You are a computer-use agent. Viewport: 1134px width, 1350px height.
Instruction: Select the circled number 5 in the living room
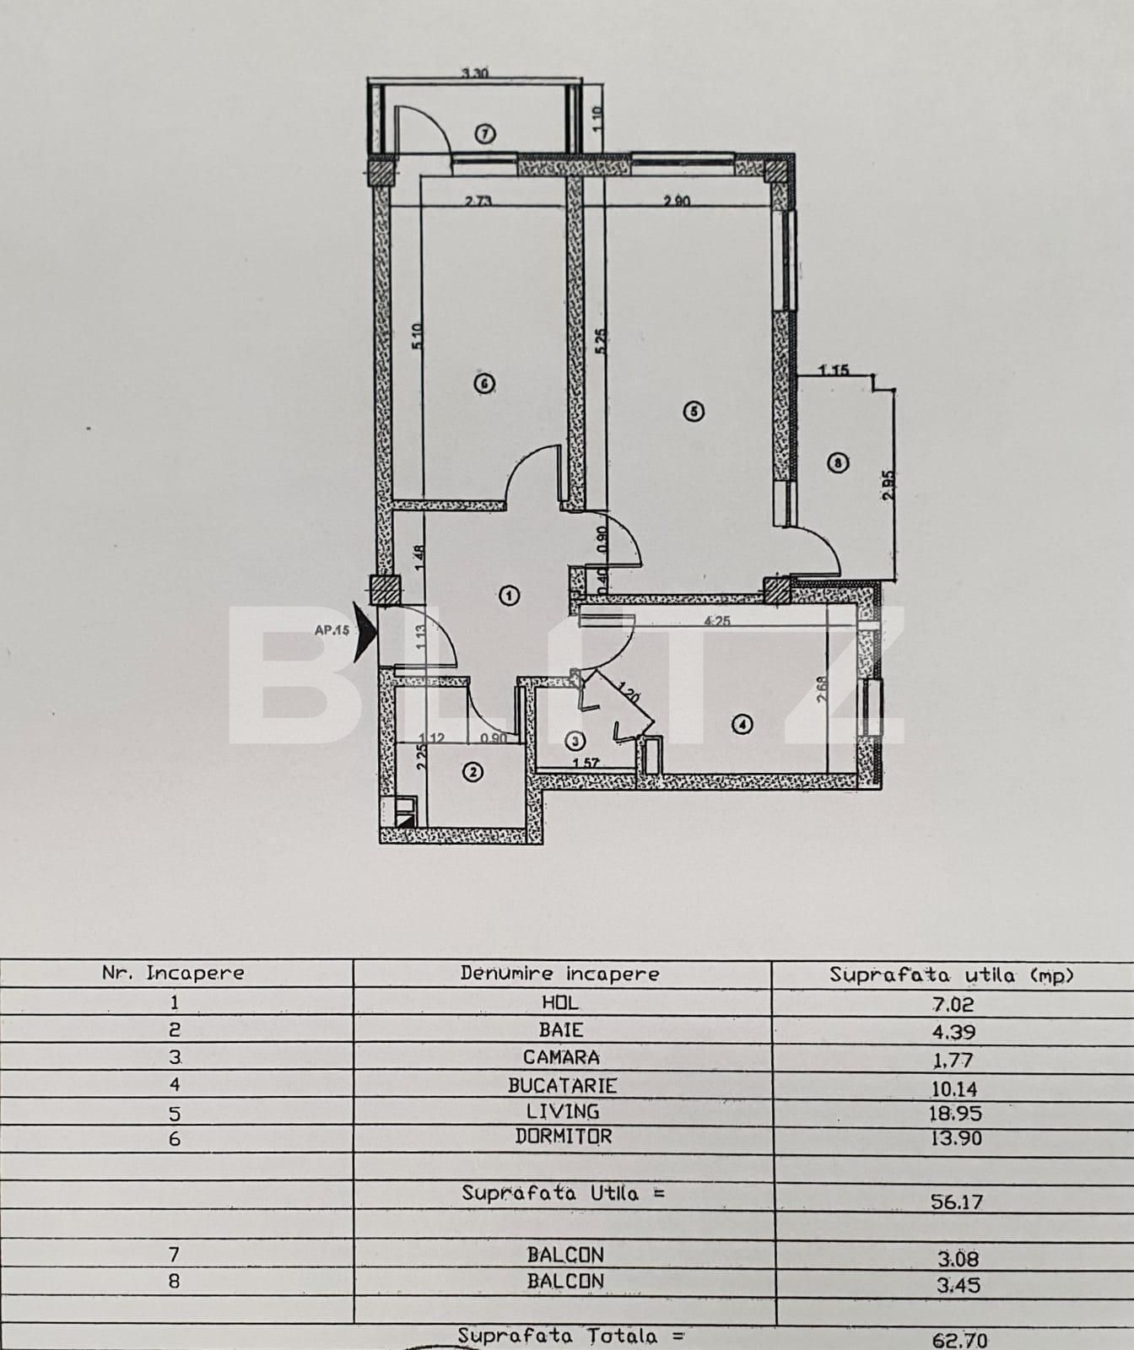[693, 412]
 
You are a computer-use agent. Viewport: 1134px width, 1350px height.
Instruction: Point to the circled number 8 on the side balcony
[837, 462]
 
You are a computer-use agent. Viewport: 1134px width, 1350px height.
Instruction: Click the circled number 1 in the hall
[510, 596]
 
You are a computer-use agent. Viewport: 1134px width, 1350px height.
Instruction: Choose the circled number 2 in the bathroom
[474, 771]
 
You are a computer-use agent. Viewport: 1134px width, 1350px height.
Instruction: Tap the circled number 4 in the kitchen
[742, 724]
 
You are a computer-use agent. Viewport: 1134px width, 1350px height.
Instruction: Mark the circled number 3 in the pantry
[575, 742]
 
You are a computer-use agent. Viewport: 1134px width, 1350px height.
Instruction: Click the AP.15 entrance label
[332, 630]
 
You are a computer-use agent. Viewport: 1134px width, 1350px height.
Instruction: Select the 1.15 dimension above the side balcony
[834, 370]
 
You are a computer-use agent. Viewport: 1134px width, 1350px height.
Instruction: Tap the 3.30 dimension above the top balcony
[474, 73]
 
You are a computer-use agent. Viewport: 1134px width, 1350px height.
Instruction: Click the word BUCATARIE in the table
[562, 1086]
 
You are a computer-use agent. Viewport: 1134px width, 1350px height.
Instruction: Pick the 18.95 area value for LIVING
[955, 1114]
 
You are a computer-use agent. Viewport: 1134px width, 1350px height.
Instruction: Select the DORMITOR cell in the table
[563, 1137]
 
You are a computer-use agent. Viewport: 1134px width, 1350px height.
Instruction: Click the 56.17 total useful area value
[956, 1201]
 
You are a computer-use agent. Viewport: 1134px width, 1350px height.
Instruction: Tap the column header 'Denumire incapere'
[559, 973]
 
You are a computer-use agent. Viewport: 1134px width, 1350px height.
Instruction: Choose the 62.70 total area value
[958, 1339]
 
